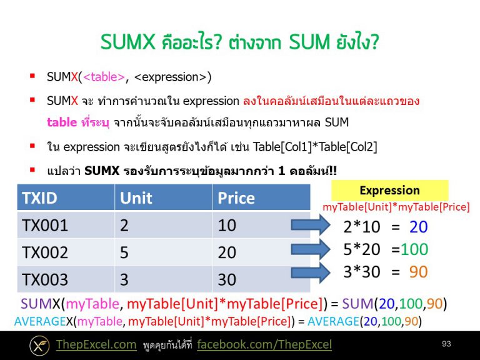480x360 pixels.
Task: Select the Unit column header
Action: (136, 198)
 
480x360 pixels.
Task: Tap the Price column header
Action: (236, 198)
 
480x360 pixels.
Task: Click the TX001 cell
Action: (45, 225)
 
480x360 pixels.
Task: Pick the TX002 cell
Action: (45, 252)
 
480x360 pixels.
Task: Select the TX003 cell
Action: (45, 279)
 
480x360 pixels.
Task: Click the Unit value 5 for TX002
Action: (124, 252)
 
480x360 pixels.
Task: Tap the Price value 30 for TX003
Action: (227, 279)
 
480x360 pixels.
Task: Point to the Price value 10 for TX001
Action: (227, 225)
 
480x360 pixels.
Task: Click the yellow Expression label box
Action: (389, 191)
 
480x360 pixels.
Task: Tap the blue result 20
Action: (418, 227)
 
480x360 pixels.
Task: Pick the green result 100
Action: (414, 249)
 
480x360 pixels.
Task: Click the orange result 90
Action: (418, 272)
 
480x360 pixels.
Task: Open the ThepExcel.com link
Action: (96, 345)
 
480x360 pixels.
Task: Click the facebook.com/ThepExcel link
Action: (264, 345)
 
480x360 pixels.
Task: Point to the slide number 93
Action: (446, 344)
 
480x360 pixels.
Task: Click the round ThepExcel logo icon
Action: (39, 345)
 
